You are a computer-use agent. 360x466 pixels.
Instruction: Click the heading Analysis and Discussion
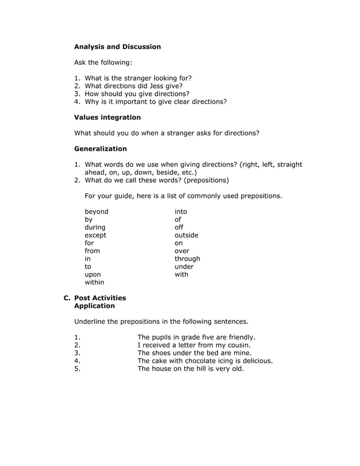117,47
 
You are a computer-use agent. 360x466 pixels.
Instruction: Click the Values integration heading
107,117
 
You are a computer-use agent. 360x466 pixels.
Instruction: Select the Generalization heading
100,149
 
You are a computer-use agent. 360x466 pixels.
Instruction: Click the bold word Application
94,306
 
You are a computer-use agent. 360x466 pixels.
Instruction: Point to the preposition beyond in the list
96,212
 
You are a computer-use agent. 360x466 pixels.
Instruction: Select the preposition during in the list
95,227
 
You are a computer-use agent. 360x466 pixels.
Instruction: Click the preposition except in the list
95,235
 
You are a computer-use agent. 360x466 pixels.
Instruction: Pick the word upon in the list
93,274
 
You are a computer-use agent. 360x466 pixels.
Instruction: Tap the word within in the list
94,282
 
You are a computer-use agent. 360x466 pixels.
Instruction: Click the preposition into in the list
181,212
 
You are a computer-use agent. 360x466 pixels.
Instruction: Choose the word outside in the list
186,235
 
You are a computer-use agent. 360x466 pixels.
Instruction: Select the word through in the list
187,259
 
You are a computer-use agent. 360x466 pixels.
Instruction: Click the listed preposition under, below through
184,267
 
